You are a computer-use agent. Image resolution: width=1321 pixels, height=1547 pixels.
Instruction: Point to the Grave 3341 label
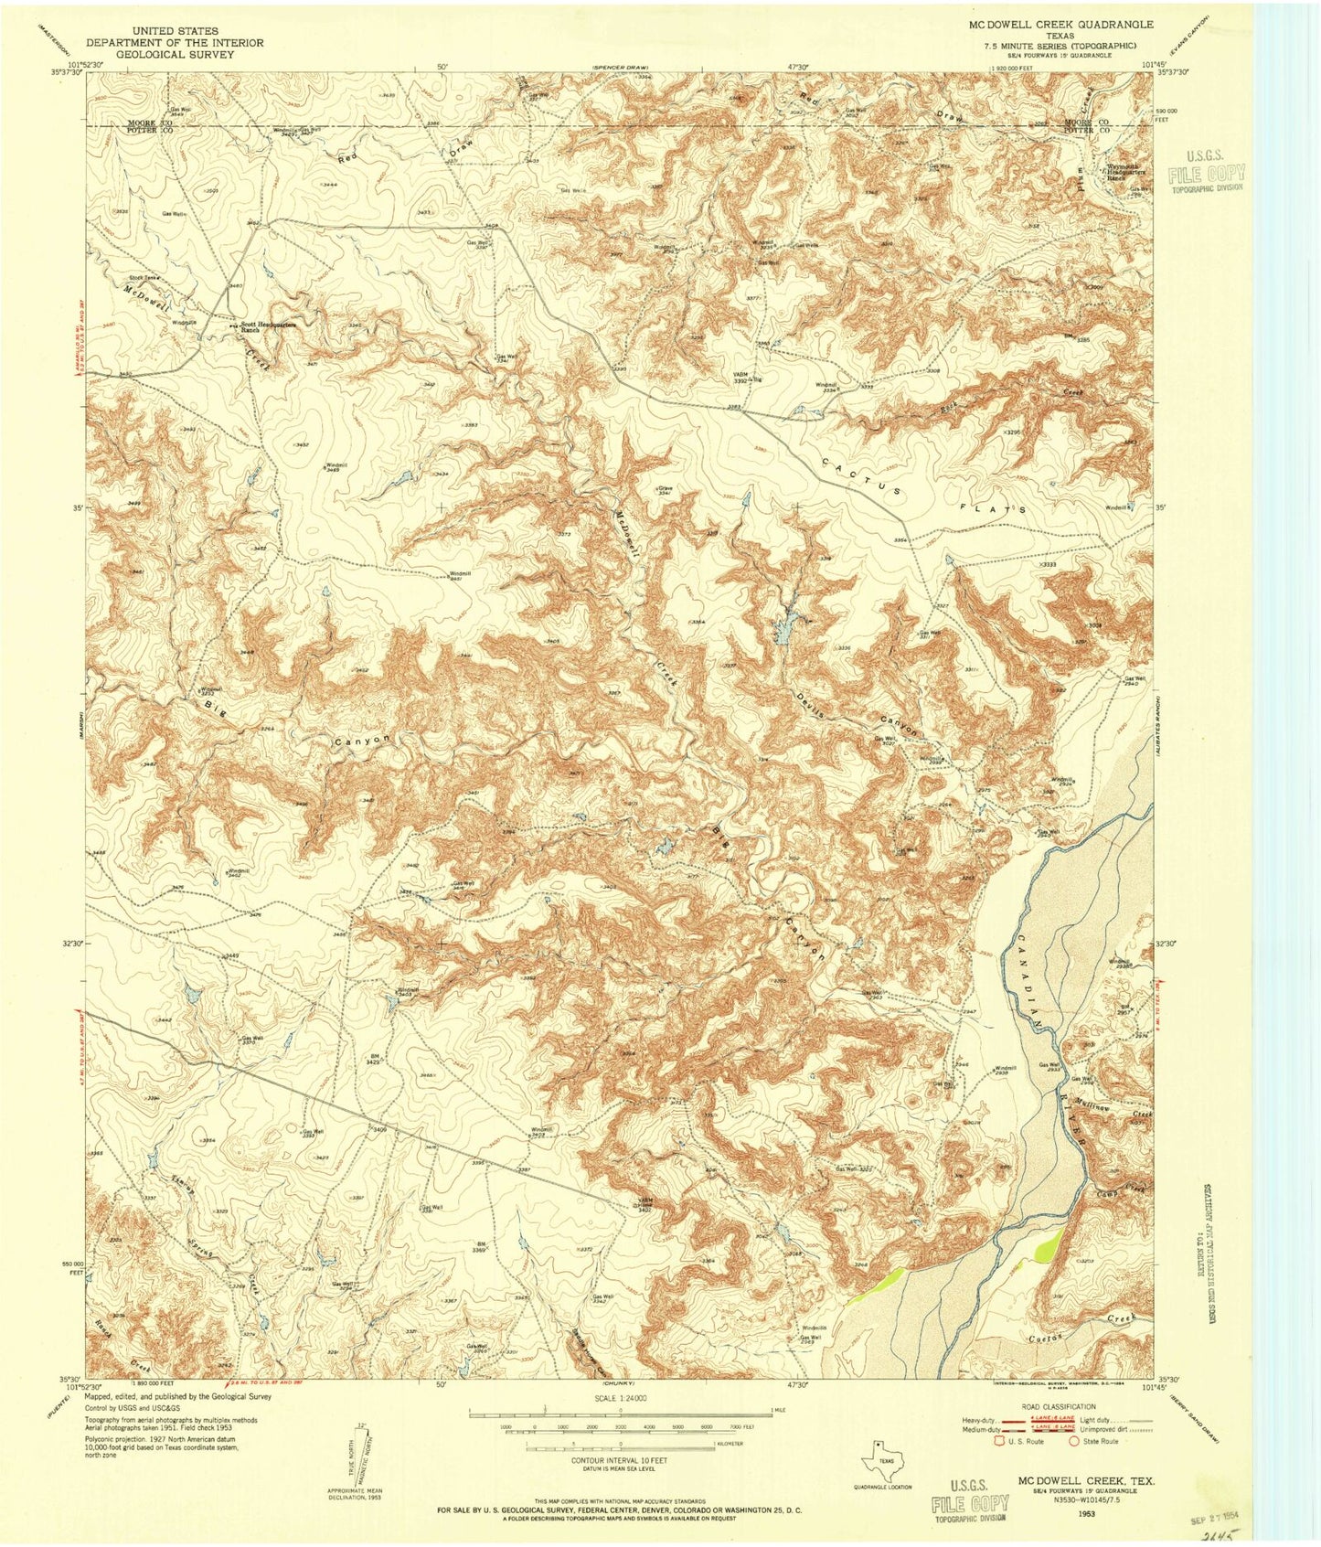click(665, 491)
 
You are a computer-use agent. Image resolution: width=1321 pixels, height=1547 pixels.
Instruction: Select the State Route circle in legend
click(1074, 1441)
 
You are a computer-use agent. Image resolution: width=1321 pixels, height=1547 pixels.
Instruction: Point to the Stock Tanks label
click(143, 277)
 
